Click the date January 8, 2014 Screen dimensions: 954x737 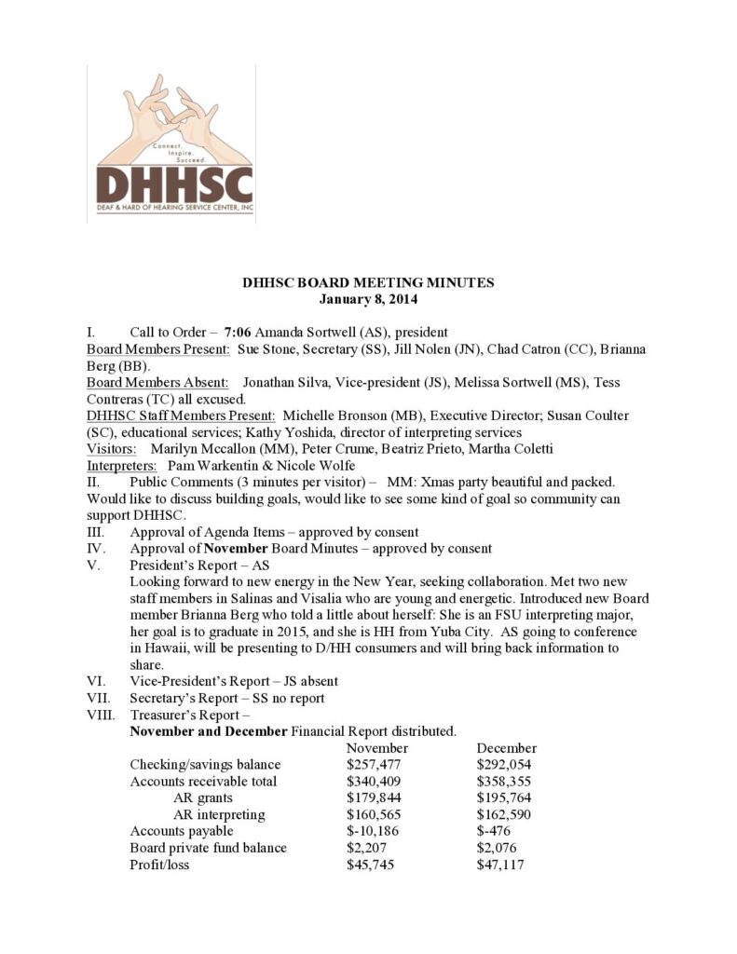[x=368, y=300]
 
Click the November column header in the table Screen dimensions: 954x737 [x=377, y=748]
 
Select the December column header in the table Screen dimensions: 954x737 [x=506, y=748]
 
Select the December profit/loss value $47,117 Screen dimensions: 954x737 [x=499, y=865]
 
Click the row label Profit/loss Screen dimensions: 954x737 [x=162, y=865]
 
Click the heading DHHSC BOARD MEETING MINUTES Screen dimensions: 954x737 [x=368, y=283]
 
